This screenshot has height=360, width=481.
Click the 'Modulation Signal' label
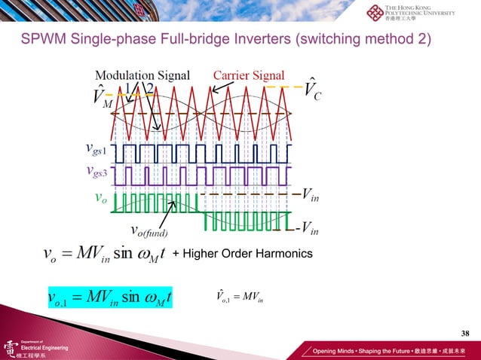tap(142, 75)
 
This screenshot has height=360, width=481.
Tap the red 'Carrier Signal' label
tap(249, 75)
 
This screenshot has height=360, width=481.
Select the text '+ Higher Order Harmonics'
tap(242, 255)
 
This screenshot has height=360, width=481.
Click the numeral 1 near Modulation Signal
tap(129, 88)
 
